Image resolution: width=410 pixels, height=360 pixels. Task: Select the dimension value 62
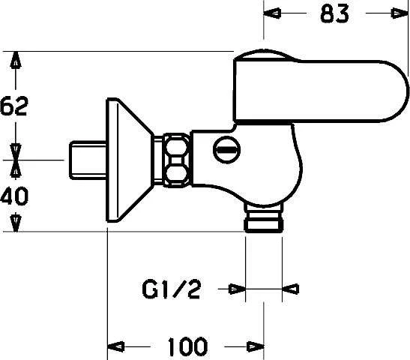tap(14, 106)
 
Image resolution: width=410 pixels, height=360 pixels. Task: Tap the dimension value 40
tap(14, 196)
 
